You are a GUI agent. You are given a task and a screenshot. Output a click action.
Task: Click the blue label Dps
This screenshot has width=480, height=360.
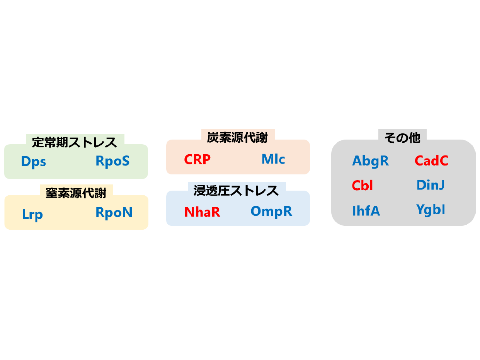tap(34, 162)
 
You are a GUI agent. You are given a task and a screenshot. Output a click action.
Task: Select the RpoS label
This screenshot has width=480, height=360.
tap(112, 161)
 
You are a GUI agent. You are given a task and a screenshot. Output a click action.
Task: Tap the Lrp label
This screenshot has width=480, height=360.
tap(32, 214)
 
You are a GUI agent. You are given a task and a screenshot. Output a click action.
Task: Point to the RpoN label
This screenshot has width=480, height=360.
tap(114, 212)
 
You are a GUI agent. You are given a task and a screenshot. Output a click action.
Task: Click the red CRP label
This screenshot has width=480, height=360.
tap(197, 159)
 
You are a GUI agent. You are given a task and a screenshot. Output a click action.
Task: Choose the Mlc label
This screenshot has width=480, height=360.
tap(273, 159)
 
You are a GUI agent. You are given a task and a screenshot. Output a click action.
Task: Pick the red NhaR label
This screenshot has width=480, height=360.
tap(202, 212)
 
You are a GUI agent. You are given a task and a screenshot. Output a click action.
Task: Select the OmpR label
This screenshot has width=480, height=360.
tap(271, 211)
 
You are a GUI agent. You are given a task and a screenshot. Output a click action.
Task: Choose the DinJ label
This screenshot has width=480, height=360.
tap(431, 185)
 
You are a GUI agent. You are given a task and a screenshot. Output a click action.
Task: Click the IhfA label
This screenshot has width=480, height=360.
tap(366, 211)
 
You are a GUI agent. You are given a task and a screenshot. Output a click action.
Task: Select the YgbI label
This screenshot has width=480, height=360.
tap(431, 210)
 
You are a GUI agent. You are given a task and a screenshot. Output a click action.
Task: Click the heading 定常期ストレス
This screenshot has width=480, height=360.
tap(75, 142)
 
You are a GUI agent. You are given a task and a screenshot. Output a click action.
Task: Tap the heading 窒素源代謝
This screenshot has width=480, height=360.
tap(76, 193)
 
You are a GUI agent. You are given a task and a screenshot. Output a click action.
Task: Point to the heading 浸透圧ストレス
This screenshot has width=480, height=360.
tap(236, 190)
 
